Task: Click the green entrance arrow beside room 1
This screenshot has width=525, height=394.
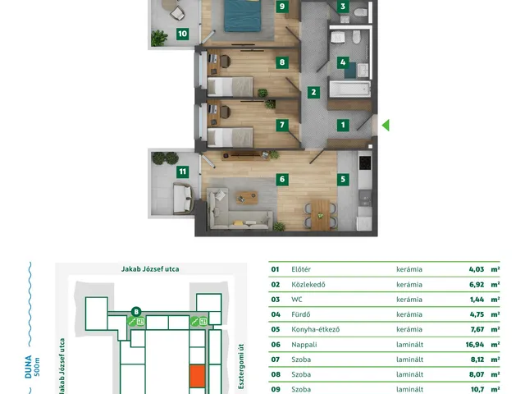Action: [386, 126]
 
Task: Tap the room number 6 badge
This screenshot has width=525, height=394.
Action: [282, 179]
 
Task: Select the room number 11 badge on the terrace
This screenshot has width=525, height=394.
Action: [182, 172]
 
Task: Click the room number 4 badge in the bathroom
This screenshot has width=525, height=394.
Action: [343, 62]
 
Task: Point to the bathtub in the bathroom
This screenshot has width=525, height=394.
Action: [350, 89]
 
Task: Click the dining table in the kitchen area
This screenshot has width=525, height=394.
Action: [321, 215]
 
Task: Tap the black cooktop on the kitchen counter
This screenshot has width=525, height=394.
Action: [364, 163]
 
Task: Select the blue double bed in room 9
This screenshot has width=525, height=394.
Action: [242, 16]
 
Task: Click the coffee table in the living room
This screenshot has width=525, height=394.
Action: [247, 197]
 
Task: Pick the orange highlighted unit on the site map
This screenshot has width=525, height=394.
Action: [197, 376]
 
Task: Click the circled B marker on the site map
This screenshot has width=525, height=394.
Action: [136, 312]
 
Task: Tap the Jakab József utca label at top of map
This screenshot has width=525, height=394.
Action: [150, 269]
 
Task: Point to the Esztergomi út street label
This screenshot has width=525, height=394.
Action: [241, 367]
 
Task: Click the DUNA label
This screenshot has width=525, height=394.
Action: [29, 367]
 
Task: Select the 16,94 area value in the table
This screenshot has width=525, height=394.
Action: [475, 345]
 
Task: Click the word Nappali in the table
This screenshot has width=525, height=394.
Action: [304, 345]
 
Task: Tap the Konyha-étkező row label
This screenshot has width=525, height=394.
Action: [315, 329]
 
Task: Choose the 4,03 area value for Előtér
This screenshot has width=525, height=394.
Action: [477, 269]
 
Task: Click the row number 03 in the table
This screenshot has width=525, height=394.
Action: [276, 299]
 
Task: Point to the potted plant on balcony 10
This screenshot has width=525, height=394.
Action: [158, 38]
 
